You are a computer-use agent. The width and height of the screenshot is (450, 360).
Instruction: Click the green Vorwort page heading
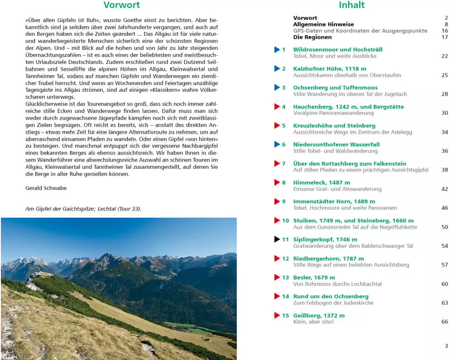pos(121,5)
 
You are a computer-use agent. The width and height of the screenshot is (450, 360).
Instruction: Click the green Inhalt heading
pos(351,5)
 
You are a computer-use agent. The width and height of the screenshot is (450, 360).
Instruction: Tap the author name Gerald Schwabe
pos(46,188)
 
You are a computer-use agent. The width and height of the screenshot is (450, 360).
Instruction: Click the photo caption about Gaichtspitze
pos(83,209)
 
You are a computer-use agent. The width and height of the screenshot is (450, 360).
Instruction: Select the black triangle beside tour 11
pos(277,239)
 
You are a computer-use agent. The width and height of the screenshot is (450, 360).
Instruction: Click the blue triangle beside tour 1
pos(277,49)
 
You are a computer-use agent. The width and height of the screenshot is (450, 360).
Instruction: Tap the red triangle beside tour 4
pos(277,107)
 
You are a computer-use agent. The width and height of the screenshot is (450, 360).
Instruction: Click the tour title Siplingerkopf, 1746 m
pos(325,239)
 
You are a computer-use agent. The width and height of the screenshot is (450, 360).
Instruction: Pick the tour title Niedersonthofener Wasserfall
pos(336,144)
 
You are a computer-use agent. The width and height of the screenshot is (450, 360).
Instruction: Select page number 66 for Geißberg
pos(445,322)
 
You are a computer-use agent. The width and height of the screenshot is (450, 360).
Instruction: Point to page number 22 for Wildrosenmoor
pos(445,56)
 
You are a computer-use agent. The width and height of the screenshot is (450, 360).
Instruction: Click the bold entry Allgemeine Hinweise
pos(323,24)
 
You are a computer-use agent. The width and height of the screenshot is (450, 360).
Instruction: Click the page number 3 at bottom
pos(446,346)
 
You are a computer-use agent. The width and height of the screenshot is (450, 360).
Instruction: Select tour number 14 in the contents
pos(285,297)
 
